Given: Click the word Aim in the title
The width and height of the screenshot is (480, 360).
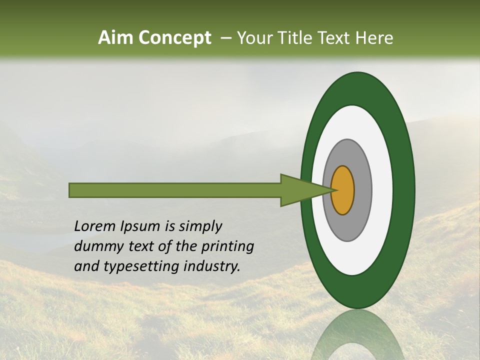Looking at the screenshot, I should coord(115,38).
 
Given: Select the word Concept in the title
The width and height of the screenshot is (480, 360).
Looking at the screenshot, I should coord(173,38).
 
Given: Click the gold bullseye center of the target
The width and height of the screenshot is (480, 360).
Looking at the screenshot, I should coord(343,190).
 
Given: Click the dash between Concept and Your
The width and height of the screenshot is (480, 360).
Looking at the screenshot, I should coord(225,38).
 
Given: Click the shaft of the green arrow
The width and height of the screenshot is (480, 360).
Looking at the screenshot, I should coord(175,190).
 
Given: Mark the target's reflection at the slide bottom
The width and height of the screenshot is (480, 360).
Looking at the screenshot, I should coord(357,335).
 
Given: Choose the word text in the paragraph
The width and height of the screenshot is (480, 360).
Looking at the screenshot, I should coord(137,246).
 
